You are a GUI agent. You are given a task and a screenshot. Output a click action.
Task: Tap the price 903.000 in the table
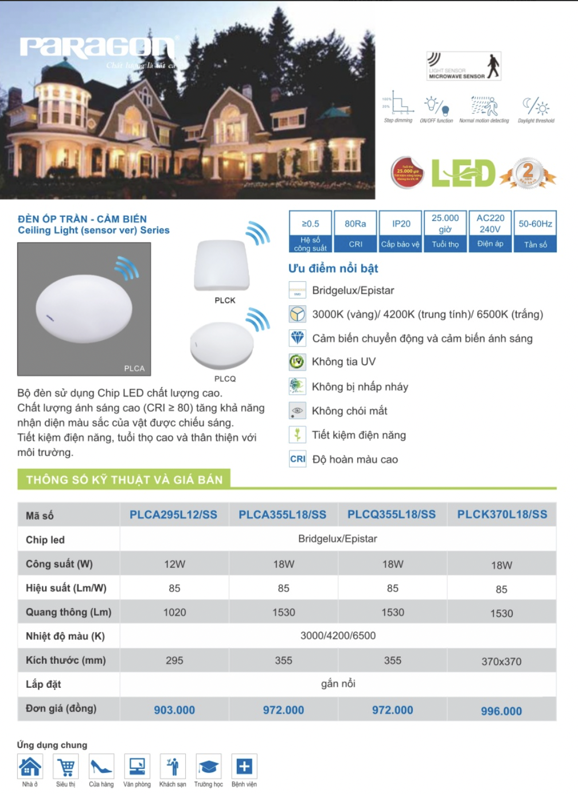pos(174,710)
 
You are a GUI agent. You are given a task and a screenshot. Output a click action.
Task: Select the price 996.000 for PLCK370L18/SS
pos(501,711)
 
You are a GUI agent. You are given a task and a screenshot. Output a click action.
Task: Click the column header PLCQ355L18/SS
pos(392,515)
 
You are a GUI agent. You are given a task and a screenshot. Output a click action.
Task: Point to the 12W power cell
pos(174,564)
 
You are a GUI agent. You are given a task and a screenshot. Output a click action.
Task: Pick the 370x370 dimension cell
pos(501,661)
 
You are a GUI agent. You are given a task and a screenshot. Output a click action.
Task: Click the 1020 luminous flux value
pos(174,612)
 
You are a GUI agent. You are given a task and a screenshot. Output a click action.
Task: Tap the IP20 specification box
pos(401,231)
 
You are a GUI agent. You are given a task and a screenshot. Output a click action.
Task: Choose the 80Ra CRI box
pos(356,231)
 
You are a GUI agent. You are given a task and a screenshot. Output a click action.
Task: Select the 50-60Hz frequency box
pos(535,231)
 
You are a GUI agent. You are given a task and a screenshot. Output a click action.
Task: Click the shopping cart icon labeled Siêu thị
pos(65,767)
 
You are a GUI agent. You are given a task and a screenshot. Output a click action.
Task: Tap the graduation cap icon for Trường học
pos(208,767)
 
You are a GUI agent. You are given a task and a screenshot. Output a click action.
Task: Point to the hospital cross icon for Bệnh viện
pos(244,766)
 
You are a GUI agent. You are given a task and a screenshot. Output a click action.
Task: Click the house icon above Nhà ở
pos(30,766)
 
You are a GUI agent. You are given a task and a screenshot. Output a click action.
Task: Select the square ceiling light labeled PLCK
pos(222,266)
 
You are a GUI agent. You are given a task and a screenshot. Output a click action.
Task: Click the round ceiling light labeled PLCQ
pos(221,345)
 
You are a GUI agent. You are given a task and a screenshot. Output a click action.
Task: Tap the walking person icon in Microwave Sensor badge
pos(493,65)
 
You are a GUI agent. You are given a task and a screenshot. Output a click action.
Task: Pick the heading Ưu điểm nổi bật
pos(333,268)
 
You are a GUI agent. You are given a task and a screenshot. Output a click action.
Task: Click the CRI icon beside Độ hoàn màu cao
pos(298,459)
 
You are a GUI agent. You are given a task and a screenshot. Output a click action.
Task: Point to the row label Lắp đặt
pos(44,684)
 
